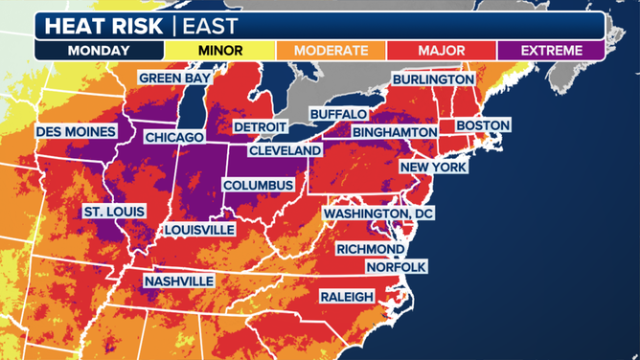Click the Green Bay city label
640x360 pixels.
point(176,79)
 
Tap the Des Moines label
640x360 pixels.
point(76,131)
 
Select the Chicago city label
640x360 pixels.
point(173,138)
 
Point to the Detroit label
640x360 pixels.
point(260,127)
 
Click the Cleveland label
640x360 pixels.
point(286,151)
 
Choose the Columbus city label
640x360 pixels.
point(258,185)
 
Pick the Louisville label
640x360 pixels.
point(199,231)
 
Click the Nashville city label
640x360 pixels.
point(178,281)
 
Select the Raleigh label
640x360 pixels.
point(347,297)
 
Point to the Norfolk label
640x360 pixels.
point(395,267)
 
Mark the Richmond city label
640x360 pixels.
point(370,249)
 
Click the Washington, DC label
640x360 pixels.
point(378,213)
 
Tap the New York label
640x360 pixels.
point(433,168)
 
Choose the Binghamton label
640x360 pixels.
point(395,132)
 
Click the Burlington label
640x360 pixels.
point(433,79)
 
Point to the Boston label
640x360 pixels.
point(483,125)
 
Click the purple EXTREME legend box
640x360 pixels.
point(549,50)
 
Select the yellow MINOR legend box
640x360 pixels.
point(219,50)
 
